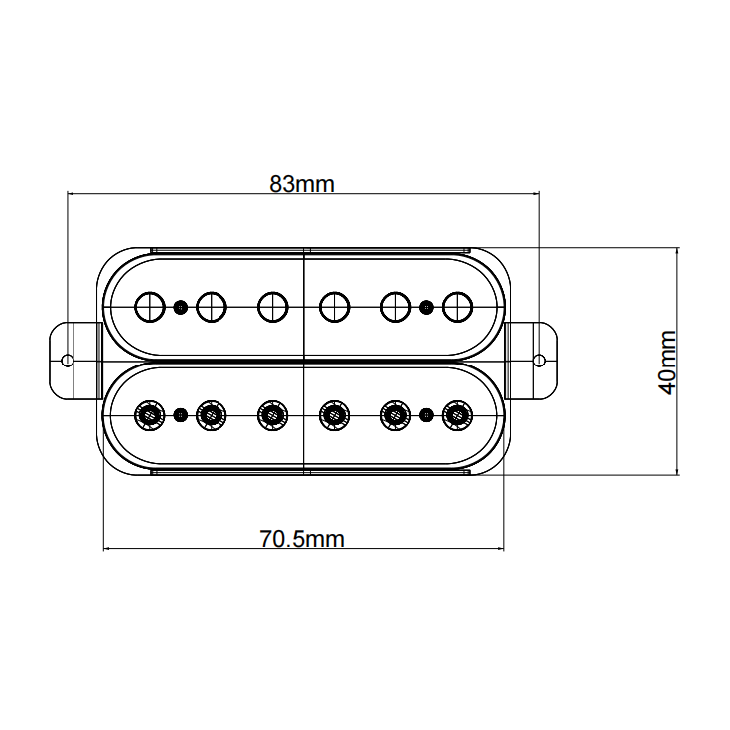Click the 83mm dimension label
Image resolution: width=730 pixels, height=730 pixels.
[x=302, y=184]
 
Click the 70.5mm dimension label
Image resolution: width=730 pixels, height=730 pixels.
[x=302, y=539]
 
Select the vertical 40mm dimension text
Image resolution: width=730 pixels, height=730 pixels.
[x=667, y=363]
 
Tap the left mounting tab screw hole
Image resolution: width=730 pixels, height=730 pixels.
[x=68, y=361]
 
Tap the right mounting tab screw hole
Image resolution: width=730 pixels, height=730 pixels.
[x=540, y=361]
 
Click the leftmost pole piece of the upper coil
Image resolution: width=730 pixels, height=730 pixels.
[x=150, y=307]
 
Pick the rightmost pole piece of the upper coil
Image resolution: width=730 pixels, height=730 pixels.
[x=457, y=307]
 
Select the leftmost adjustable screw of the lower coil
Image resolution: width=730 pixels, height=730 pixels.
[x=149, y=415]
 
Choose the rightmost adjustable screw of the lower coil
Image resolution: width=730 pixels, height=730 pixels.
[x=457, y=415]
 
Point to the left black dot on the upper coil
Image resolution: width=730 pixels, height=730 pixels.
[x=181, y=307]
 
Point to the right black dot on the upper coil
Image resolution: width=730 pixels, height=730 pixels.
[x=426, y=307]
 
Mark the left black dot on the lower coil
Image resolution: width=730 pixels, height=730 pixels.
[x=181, y=415]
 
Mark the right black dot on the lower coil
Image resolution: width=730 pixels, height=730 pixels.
[x=426, y=415]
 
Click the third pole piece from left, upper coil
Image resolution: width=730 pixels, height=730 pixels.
[x=273, y=307]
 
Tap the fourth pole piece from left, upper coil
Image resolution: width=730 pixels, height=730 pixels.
[x=335, y=307]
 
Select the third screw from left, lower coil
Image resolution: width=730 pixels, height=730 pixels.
[x=273, y=415]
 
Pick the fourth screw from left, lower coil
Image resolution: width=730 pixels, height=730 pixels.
[x=335, y=415]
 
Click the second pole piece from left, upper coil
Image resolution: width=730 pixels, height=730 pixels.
[x=212, y=307]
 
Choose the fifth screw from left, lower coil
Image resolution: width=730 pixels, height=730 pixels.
[x=395, y=415]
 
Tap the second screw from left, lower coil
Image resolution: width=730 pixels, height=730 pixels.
[x=212, y=415]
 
